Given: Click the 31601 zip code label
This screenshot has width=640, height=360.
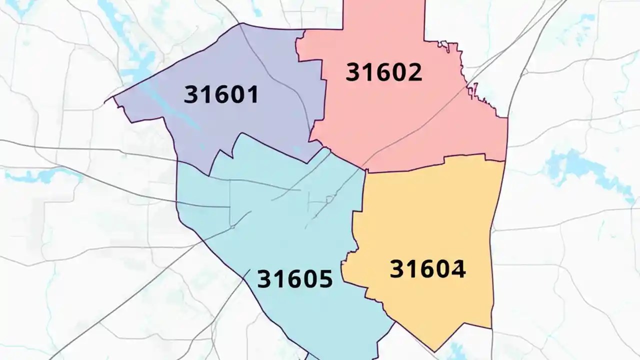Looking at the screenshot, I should click(x=221, y=94).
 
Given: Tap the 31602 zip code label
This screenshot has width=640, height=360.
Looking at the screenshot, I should click(x=384, y=72).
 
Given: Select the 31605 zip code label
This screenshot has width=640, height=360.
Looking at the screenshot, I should click(x=294, y=279).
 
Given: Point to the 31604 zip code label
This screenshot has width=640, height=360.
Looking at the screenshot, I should click(x=428, y=269).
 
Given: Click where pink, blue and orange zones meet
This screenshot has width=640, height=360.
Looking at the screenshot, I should click(x=365, y=170).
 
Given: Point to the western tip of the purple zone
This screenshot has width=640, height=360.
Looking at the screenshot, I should click(x=105, y=102).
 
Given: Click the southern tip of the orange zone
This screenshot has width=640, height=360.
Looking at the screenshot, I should click(x=433, y=350).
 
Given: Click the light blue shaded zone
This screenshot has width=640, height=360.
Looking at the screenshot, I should click(x=280, y=225).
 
